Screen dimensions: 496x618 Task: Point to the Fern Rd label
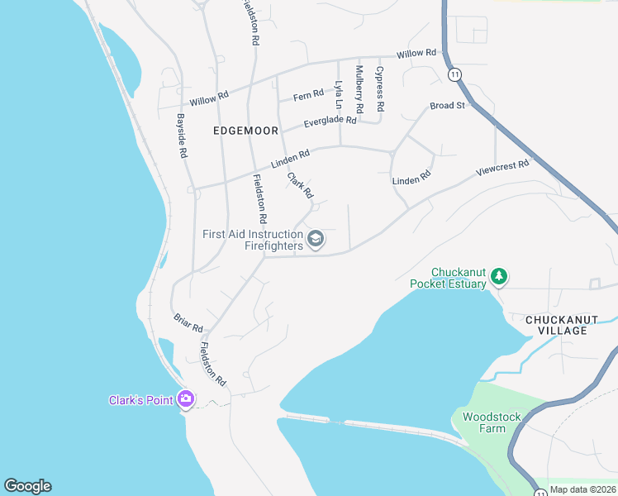point(308,96)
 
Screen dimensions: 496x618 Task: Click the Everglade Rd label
point(330,121)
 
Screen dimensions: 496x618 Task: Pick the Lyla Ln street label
point(338,95)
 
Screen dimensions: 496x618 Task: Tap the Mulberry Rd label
point(359,89)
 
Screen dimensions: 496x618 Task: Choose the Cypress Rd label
point(380,89)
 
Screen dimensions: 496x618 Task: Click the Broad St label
point(448,105)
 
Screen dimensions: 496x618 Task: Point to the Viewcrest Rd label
point(502,169)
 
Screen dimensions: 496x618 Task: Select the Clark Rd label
point(300,185)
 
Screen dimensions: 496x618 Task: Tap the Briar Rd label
point(188,322)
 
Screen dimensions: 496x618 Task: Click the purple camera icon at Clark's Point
point(185,399)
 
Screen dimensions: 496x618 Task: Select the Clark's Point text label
point(141,400)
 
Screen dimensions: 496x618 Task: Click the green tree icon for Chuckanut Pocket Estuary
point(498,274)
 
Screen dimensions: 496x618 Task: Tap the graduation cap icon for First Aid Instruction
point(315,240)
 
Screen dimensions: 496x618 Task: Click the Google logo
point(27,486)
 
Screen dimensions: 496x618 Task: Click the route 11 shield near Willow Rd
point(455,74)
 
